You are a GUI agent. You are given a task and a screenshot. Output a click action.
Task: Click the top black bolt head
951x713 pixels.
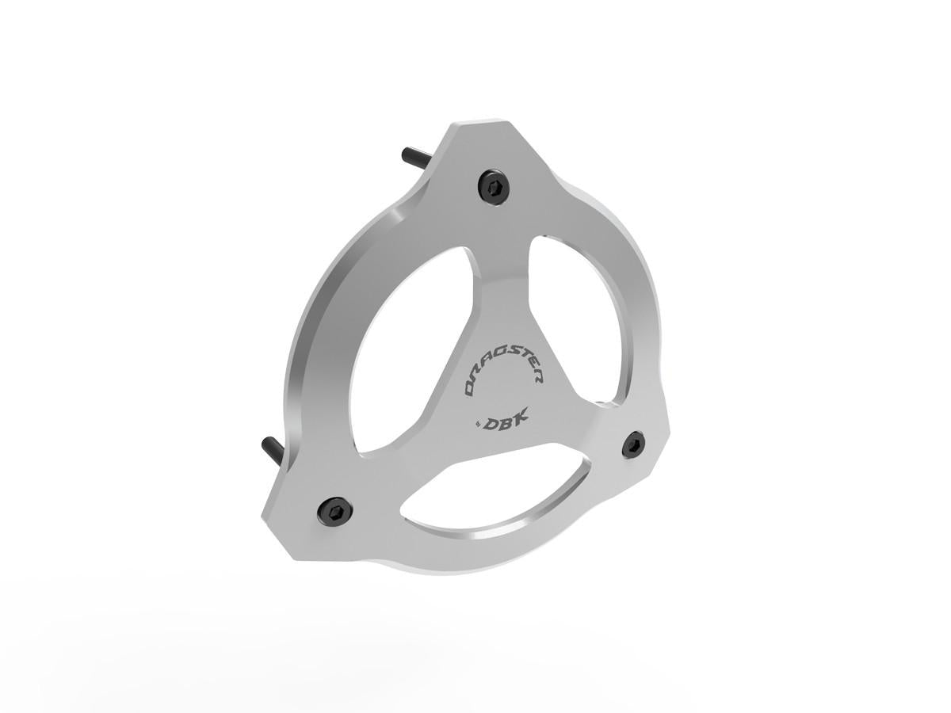[495, 187]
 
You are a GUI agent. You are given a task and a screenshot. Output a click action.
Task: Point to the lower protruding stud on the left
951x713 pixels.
[273, 452]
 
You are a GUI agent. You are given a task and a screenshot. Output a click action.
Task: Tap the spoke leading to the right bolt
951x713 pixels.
[579, 428]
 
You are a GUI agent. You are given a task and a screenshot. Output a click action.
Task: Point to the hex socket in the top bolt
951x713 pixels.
[495, 187]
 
